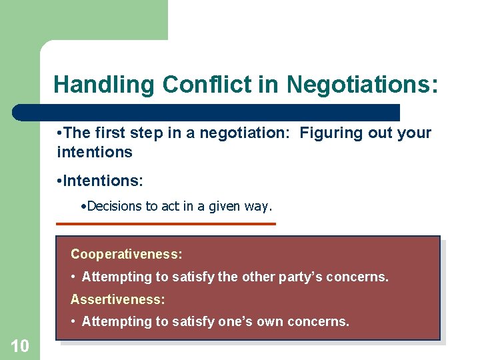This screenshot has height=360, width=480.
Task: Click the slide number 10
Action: [x=19, y=345]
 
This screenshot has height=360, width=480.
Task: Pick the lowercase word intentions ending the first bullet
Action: [x=95, y=152]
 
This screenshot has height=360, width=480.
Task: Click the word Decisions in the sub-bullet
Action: [x=114, y=206]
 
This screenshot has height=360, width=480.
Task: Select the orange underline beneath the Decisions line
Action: [x=166, y=224]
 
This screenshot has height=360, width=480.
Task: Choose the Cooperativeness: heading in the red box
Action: [x=127, y=254]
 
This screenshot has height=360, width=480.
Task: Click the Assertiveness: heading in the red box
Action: [x=118, y=299]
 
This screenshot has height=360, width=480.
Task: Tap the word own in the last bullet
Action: [x=275, y=321]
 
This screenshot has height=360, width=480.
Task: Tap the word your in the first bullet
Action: [x=415, y=133]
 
